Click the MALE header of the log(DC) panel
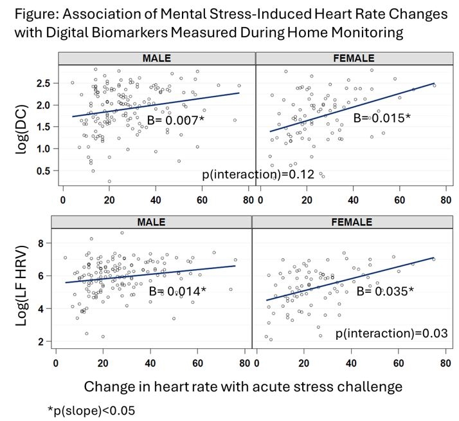(x=157, y=59)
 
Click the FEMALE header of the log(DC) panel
(x=353, y=59)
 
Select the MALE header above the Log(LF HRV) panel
(x=155, y=222)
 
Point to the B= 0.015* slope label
(x=382, y=118)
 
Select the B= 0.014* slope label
(x=177, y=291)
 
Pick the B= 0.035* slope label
(x=384, y=291)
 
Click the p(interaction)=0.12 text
(x=242, y=174)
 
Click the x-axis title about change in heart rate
(x=243, y=386)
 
